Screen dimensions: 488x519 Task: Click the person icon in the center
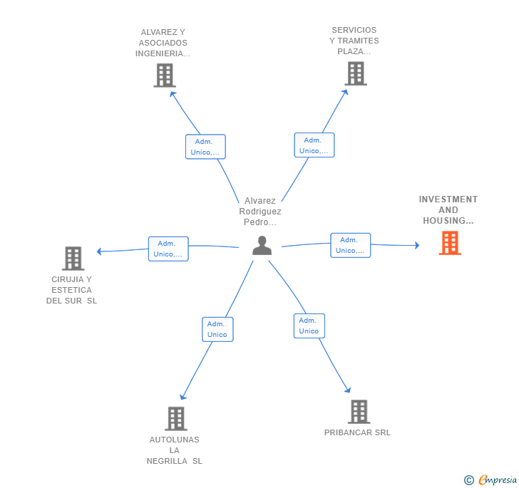[262, 245]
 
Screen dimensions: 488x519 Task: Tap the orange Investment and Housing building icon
[449, 243]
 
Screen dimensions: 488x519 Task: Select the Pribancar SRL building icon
[359, 412]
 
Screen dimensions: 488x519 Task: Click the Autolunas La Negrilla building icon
[175, 418]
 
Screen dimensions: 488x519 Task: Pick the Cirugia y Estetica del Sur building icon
[73, 258]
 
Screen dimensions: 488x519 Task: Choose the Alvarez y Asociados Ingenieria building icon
[164, 75]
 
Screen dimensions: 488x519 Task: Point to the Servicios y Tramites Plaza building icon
[355, 73]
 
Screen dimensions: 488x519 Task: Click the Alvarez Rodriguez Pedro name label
[260, 212]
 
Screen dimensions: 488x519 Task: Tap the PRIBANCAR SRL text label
[357, 432]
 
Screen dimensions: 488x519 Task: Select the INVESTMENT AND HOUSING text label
[448, 210]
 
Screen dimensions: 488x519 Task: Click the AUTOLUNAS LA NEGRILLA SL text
[175, 450]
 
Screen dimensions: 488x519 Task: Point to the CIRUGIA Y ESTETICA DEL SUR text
[72, 290]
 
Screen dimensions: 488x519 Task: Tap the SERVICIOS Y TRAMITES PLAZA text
[354, 41]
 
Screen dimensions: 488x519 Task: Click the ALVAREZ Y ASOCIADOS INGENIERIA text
[163, 43]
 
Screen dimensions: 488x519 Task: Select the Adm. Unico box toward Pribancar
[309, 326]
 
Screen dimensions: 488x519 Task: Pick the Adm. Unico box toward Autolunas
[217, 329]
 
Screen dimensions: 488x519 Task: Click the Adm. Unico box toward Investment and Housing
[350, 245]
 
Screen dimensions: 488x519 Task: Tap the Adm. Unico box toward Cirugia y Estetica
[168, 249]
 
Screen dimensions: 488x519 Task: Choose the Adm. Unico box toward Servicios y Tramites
[314, 145]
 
